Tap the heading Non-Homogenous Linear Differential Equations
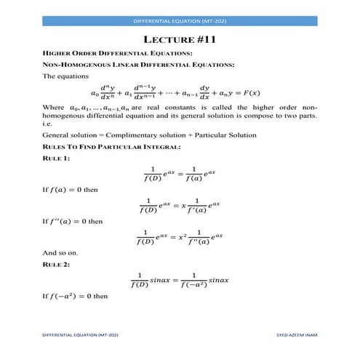tap(138, 65)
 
